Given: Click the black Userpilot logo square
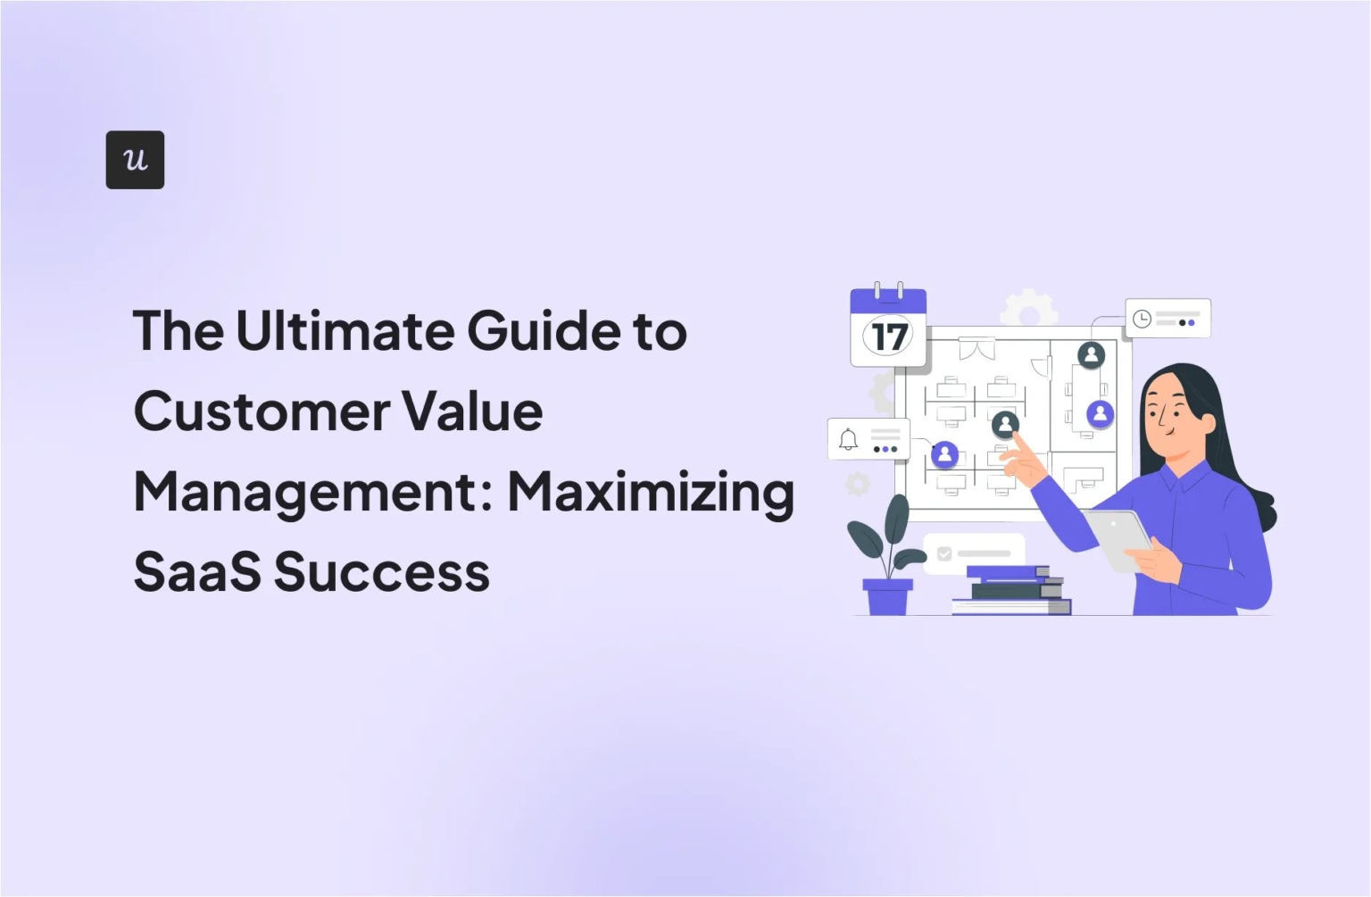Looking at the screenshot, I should tap(135, 160).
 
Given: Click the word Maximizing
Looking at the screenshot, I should tap(651, 493).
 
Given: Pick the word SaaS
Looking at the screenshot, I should tap(197, 572).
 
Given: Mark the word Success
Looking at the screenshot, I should tap(382, 572).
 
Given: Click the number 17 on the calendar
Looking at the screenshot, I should tap(888, 337).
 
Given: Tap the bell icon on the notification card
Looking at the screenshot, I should tap(848, 439).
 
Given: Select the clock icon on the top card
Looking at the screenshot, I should tap(1142, 319).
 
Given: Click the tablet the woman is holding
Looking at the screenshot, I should tap(1118, 538).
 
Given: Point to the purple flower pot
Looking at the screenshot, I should tap(887, 596).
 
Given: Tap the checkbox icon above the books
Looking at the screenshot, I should tap(944, 553).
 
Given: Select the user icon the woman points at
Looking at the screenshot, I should tap(1005, 424).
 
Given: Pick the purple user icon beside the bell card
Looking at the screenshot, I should tap(944, 455).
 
